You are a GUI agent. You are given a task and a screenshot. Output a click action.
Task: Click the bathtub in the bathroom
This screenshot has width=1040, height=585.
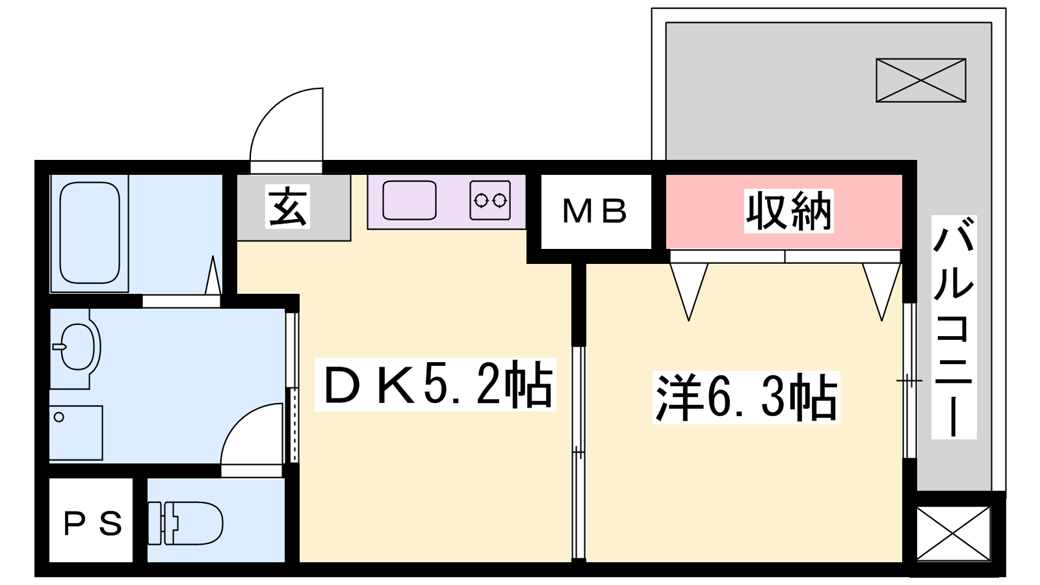[x=90, y=233]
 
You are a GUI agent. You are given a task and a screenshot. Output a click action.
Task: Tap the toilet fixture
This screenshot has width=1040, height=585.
[x=185, y=523]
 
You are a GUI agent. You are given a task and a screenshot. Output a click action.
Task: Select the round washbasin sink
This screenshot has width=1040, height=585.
[x=77, y=347]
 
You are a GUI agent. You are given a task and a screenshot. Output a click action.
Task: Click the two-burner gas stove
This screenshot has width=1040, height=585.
[x=490, y=201]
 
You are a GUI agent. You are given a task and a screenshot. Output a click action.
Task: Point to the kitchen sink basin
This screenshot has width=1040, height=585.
[x=409, y=200]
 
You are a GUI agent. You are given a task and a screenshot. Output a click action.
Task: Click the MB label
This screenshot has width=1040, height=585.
[x=595, y=211]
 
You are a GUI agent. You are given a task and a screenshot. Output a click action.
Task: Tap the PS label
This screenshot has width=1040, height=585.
[x=92, y=523]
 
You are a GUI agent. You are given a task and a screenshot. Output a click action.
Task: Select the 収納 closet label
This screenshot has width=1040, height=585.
[x=788, y=211]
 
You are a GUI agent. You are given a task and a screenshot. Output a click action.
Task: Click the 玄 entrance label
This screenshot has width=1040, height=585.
[x=287, y=207]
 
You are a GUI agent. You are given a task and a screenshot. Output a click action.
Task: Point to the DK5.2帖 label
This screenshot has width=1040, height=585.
[x=435, y=384]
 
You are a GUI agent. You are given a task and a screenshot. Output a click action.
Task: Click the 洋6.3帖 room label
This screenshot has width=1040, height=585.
[x=746, y=397]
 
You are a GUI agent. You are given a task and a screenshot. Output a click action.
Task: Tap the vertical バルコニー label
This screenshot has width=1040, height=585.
[x=954, y=328]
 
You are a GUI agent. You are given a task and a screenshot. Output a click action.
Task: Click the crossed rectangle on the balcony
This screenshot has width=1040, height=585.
[x=920, y=81]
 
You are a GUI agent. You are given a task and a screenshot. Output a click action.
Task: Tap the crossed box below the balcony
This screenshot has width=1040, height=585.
[x=953, y=534]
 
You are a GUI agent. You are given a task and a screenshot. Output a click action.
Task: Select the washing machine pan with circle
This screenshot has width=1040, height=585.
[x=75, y=433]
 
